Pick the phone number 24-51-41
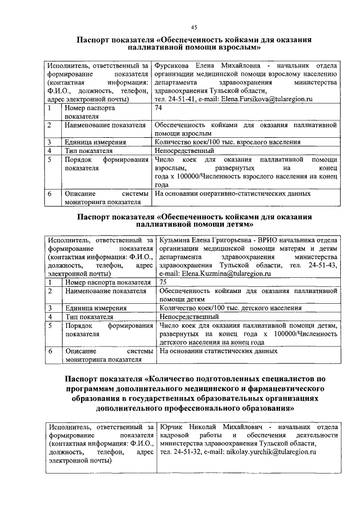point(181,98)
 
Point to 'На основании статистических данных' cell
point(219,350)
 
